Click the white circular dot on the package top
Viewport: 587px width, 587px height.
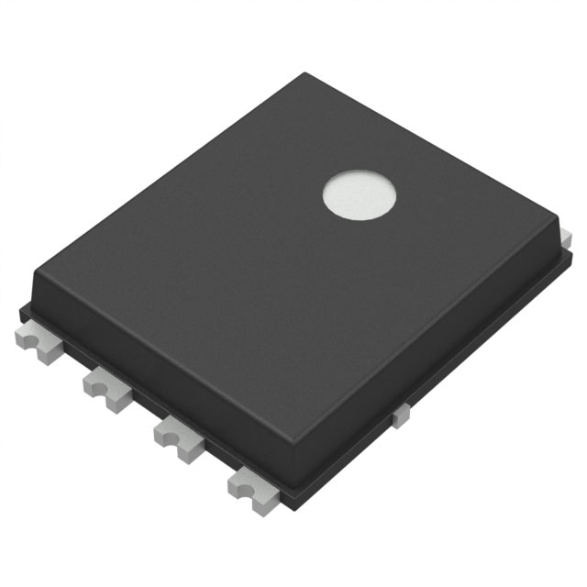(360, 195)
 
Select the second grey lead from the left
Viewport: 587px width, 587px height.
(107, 388)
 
